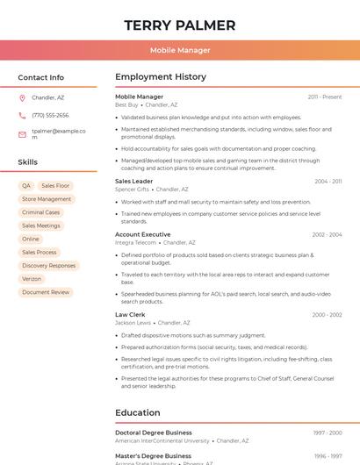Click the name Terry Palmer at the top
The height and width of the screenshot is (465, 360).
180,25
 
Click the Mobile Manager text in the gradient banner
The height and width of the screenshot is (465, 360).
180,50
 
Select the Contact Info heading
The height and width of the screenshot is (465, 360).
41,77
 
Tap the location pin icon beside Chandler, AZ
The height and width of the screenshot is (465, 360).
22,97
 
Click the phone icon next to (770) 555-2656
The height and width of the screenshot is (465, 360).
22,115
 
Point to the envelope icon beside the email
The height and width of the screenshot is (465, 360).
22,134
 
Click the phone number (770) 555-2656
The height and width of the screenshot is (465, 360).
50,115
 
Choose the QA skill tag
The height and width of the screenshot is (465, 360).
26,186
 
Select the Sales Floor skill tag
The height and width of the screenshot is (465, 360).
55,186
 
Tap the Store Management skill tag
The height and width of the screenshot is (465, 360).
47,199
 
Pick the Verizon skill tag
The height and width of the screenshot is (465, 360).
32,279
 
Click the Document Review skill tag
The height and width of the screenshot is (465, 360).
46,292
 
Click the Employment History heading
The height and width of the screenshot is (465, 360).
161,77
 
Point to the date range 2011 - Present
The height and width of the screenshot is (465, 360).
325,97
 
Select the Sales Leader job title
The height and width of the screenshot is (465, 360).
133,181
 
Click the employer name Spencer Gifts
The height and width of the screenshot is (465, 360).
132,190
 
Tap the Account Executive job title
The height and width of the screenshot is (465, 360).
143,234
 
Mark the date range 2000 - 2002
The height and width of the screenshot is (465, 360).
327,314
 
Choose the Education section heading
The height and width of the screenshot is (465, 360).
138,412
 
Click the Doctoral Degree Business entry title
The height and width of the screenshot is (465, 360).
154,433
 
